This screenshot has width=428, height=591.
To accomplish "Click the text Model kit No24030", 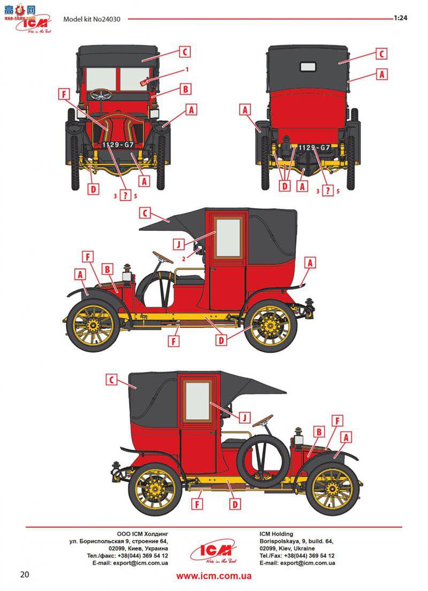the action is click(91, 19).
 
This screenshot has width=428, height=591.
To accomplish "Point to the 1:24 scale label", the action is click(401, 18).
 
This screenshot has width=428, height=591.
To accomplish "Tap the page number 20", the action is click(25, 574).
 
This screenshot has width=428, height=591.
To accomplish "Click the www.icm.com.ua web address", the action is click(214, 576).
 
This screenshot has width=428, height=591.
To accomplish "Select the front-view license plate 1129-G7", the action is click(114, 145).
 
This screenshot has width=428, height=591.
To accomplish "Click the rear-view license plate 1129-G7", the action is click(314, 147).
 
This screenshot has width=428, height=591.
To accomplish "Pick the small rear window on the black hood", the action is click(308, 67).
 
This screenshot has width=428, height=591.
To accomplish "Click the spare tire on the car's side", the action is click(262, 461).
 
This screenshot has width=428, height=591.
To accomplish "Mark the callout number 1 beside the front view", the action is click(187, 70).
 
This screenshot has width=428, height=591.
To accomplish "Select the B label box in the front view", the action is click(185, 89).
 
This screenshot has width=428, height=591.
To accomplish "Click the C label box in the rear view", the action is click(381, 54).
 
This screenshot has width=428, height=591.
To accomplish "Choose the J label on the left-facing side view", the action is click(180, 244).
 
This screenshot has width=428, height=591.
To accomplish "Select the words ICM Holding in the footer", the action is click(276, 534).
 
